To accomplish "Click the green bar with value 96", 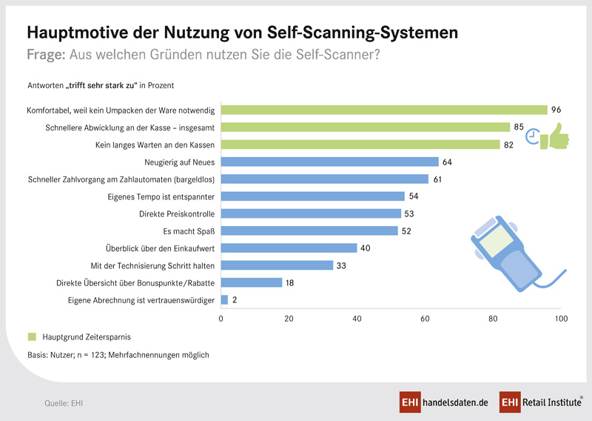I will click(x=384, y=110).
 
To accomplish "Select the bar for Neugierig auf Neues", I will click(x=329, y=162).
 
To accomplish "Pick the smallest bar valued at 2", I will click(x=224, y=299).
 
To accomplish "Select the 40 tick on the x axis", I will click(x=357, y=319).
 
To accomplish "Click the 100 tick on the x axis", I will click(x=561, y=319).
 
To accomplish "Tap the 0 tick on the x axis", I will click(x=221, y=319).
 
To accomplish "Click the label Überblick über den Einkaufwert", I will click(x=161, y=248).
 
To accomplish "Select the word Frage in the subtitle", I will click(x=45, y=54).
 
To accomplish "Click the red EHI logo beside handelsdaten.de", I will click(x=410, y=402).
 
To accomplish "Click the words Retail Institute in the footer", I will click(x=549, y=402).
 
